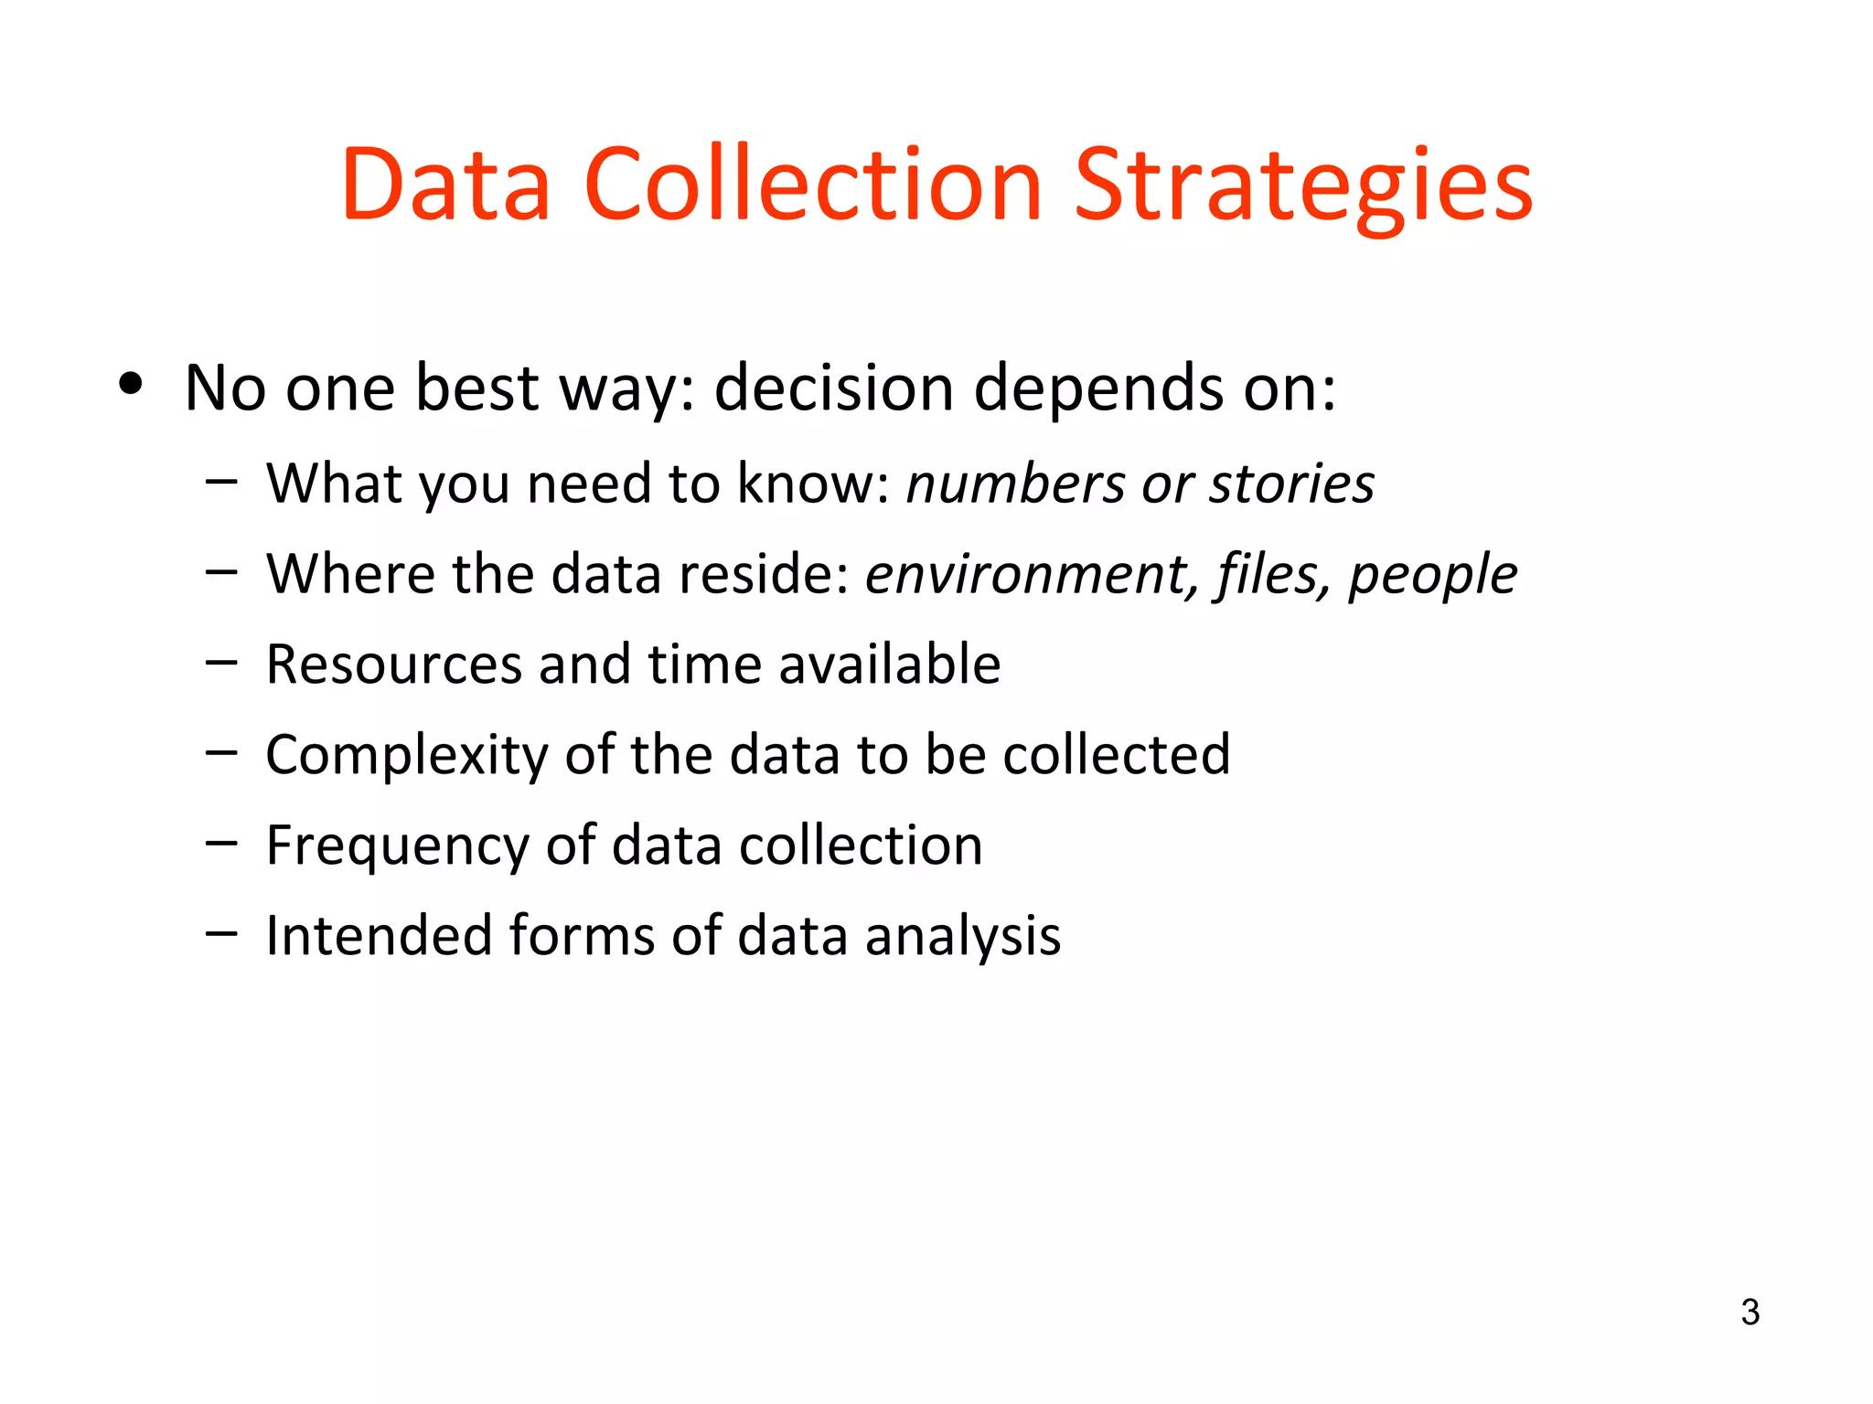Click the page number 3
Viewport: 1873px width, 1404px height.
[1750, 1312]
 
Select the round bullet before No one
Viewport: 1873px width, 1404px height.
[131, 385]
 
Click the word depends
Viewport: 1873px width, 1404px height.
[1098, 388]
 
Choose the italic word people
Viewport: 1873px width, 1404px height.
[1433, 574]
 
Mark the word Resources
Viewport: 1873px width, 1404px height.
[393, 665]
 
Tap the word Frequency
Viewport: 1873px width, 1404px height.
[397, 846]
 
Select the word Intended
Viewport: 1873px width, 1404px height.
[379, 936]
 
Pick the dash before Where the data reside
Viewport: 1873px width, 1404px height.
[221, 573]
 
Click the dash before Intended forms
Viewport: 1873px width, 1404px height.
[221, 934]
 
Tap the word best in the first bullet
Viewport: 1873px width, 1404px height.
[476, 388]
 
